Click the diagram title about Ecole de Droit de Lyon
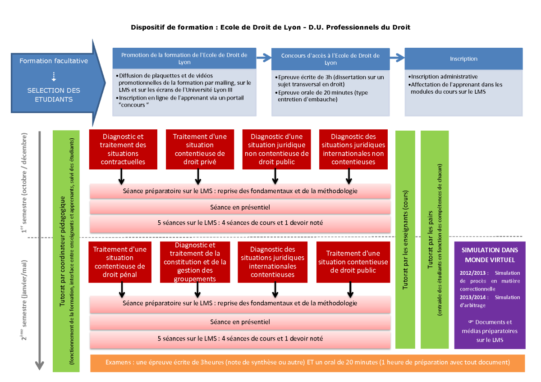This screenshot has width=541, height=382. (270, 27)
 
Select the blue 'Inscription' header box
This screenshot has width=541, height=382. (463, 59)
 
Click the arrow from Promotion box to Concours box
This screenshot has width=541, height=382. (264, 58)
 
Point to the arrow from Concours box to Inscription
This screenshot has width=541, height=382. (397, 58)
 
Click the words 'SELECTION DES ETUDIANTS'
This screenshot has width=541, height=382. (54, 95)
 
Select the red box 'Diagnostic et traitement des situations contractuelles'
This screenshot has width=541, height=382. (123, 149)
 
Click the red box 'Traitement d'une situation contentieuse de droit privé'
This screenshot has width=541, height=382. (200, 149)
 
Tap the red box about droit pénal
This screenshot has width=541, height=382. (120, 262)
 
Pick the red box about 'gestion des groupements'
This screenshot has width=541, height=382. (195, 262)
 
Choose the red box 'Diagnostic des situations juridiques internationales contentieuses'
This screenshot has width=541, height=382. (272, 262)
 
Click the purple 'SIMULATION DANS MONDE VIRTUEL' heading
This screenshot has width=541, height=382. (490, 255)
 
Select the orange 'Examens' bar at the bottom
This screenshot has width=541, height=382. (307, 363)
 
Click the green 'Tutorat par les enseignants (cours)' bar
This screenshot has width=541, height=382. (405, 239)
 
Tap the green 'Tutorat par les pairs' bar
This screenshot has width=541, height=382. (435, 239)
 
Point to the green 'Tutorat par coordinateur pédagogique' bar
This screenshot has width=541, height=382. (66, 251)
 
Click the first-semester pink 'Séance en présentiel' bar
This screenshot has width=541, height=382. (240, 207)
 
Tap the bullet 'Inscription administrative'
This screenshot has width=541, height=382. (444, 77)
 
